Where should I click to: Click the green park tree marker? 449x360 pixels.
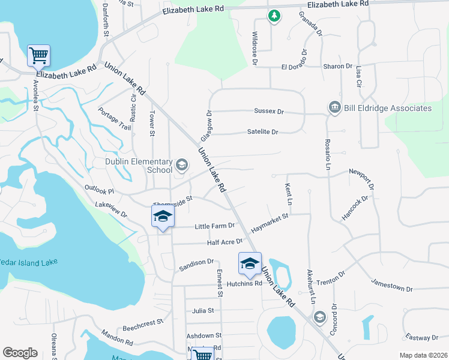(x=274, y=16)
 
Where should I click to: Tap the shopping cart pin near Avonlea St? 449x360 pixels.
(x=38, y=56)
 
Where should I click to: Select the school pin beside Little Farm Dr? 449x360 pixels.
(x=162, y=217)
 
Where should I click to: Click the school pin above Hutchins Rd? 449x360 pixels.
(x=250, y=263)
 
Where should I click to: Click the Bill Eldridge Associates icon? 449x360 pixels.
(x=334, y=108)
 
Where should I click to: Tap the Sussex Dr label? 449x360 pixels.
(x=268, y=112)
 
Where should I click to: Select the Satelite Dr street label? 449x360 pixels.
(x=263, y=132)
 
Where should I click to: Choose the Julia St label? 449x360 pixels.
(x=203, y=310)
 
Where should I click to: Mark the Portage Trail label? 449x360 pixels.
(x=115, y=119)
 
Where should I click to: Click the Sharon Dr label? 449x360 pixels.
(x=337, y=67)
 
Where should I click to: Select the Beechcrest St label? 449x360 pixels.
(x=143, y=326)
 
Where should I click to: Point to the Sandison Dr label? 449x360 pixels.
(x=196, y=262)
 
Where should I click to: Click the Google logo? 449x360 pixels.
(x=20, y=353)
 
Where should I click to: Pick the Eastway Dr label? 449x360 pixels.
(x=421, y=338)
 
